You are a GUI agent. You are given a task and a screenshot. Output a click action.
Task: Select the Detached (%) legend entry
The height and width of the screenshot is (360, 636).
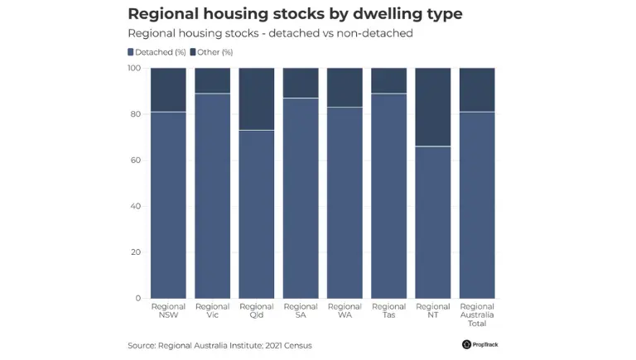coord(157,52)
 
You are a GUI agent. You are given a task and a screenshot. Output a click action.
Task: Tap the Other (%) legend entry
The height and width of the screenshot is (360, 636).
coord(213,52)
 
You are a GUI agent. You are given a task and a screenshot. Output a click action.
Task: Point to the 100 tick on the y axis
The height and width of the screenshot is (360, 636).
coord(133,68)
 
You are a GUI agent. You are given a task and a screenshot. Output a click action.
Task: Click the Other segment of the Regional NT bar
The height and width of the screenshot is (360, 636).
coord(433,107)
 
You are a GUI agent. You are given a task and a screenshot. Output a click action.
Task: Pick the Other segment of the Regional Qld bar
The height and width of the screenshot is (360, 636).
coord(257,98)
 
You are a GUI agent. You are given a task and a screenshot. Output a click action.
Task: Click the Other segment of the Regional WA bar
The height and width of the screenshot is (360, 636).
coord(344,87)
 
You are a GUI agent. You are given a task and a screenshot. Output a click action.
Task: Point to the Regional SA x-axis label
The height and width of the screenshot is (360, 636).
coord(301,310)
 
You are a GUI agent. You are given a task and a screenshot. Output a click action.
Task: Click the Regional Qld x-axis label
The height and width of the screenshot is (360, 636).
coord(257,310)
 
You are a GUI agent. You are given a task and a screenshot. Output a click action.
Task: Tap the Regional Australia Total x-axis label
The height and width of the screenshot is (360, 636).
coord(477,314)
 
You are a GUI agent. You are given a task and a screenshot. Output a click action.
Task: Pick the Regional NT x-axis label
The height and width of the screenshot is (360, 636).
coord(433,310)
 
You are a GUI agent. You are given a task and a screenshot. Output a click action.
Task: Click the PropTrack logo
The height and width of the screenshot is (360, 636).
coord(480,344)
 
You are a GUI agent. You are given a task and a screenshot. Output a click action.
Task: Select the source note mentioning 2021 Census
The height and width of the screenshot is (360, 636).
coord(219,345)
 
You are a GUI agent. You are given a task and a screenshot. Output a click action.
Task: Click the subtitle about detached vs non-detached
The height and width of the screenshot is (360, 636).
coord(270,34)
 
